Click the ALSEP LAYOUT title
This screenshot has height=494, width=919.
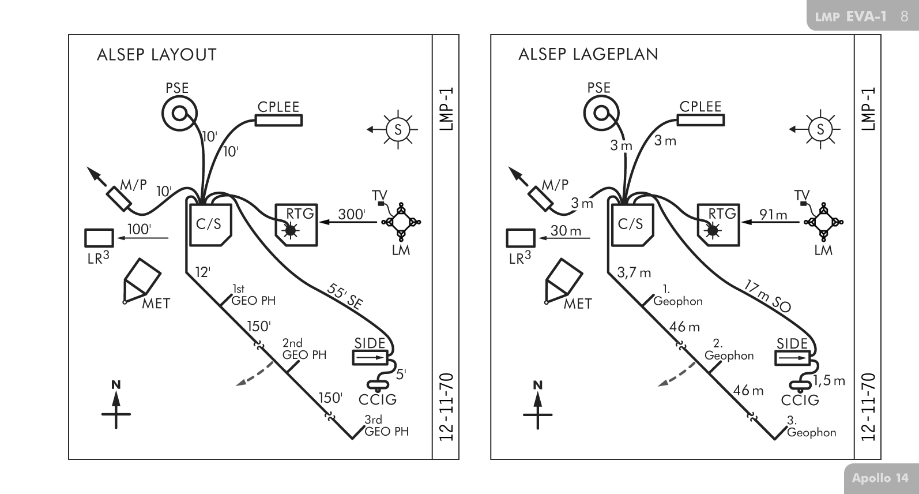(x=157, y=55)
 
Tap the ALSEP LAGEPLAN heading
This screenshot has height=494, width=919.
(x=588, y=54)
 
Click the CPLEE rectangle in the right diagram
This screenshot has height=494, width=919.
(x=700, y=119)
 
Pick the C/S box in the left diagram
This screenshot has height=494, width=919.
(x=210, y=224)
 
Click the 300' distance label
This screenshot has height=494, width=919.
(x=351, y=214)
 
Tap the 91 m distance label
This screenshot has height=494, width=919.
(x=773, y=215)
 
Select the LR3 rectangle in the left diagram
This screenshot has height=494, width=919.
(x=99, y=238)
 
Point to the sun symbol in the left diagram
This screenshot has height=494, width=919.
(x=397, y=130)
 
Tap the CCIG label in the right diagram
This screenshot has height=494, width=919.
(x=800, y=400)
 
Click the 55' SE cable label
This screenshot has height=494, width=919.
(x=345, y=297)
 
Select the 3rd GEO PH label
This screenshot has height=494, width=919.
(x=386, y=426)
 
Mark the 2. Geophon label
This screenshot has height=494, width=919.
(x=729, y=350)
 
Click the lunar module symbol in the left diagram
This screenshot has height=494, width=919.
(x=401, y=222)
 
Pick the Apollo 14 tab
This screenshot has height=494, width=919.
(x=880, y=478)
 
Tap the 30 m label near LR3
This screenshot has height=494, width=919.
(x=566, y=231)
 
